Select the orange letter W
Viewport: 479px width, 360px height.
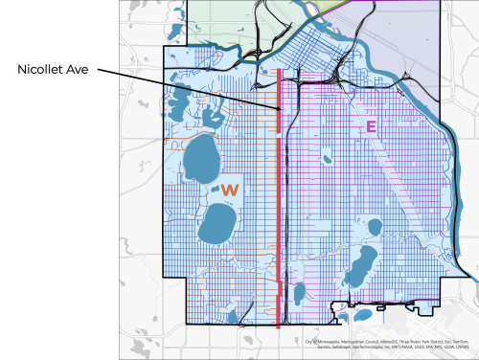point(230,191)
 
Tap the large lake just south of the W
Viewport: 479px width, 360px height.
point(217,228)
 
